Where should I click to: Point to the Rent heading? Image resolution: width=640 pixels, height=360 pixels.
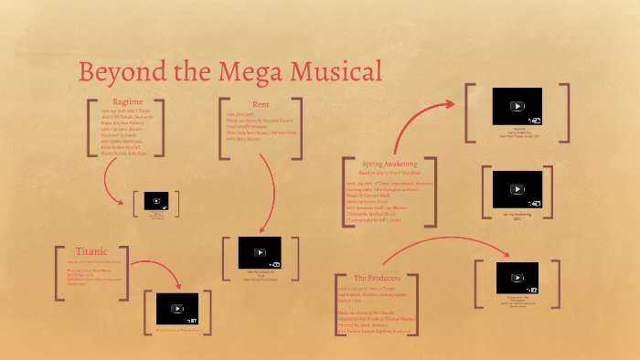[x=261, y=104]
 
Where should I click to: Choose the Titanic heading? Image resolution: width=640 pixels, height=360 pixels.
[x=91, y=251]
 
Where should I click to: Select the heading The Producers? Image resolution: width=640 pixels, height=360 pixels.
[x=376, y=278]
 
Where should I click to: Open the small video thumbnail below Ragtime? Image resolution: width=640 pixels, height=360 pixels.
[x=156, y=201]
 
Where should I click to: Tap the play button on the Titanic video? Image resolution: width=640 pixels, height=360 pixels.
[x=177, y=308]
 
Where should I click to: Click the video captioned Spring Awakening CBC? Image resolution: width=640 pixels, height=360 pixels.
[x=517, y=187]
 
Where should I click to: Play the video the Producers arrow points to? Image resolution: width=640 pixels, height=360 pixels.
[x=517, y=277]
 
